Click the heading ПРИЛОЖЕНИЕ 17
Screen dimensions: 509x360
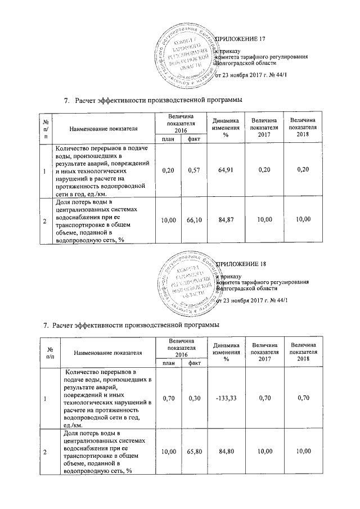point(240,39)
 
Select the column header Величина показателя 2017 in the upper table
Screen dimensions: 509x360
point(264,125)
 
